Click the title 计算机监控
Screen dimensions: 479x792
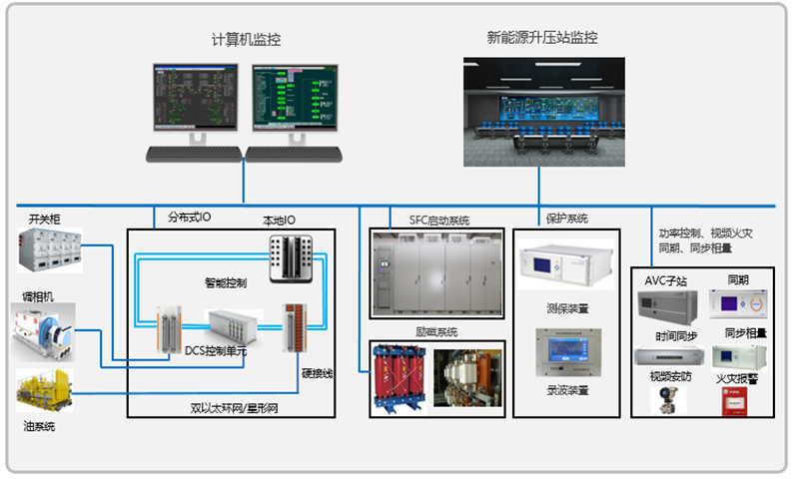pyautogui.click(x=246, y=40)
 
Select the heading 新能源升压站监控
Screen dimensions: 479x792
pyautogui.click(x=542, y=38)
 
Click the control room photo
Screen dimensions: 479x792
pyautogui.click(x=543, y=111)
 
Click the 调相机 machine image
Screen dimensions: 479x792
pyautogui.click(x=43, y=330)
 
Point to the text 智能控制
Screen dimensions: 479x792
pyautogui.click(x=225, y=283)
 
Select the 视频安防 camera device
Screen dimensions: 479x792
pyautogui.click(x=662, y=400)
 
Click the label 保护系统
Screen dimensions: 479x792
pyautogui.click(x=566, y=218)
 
